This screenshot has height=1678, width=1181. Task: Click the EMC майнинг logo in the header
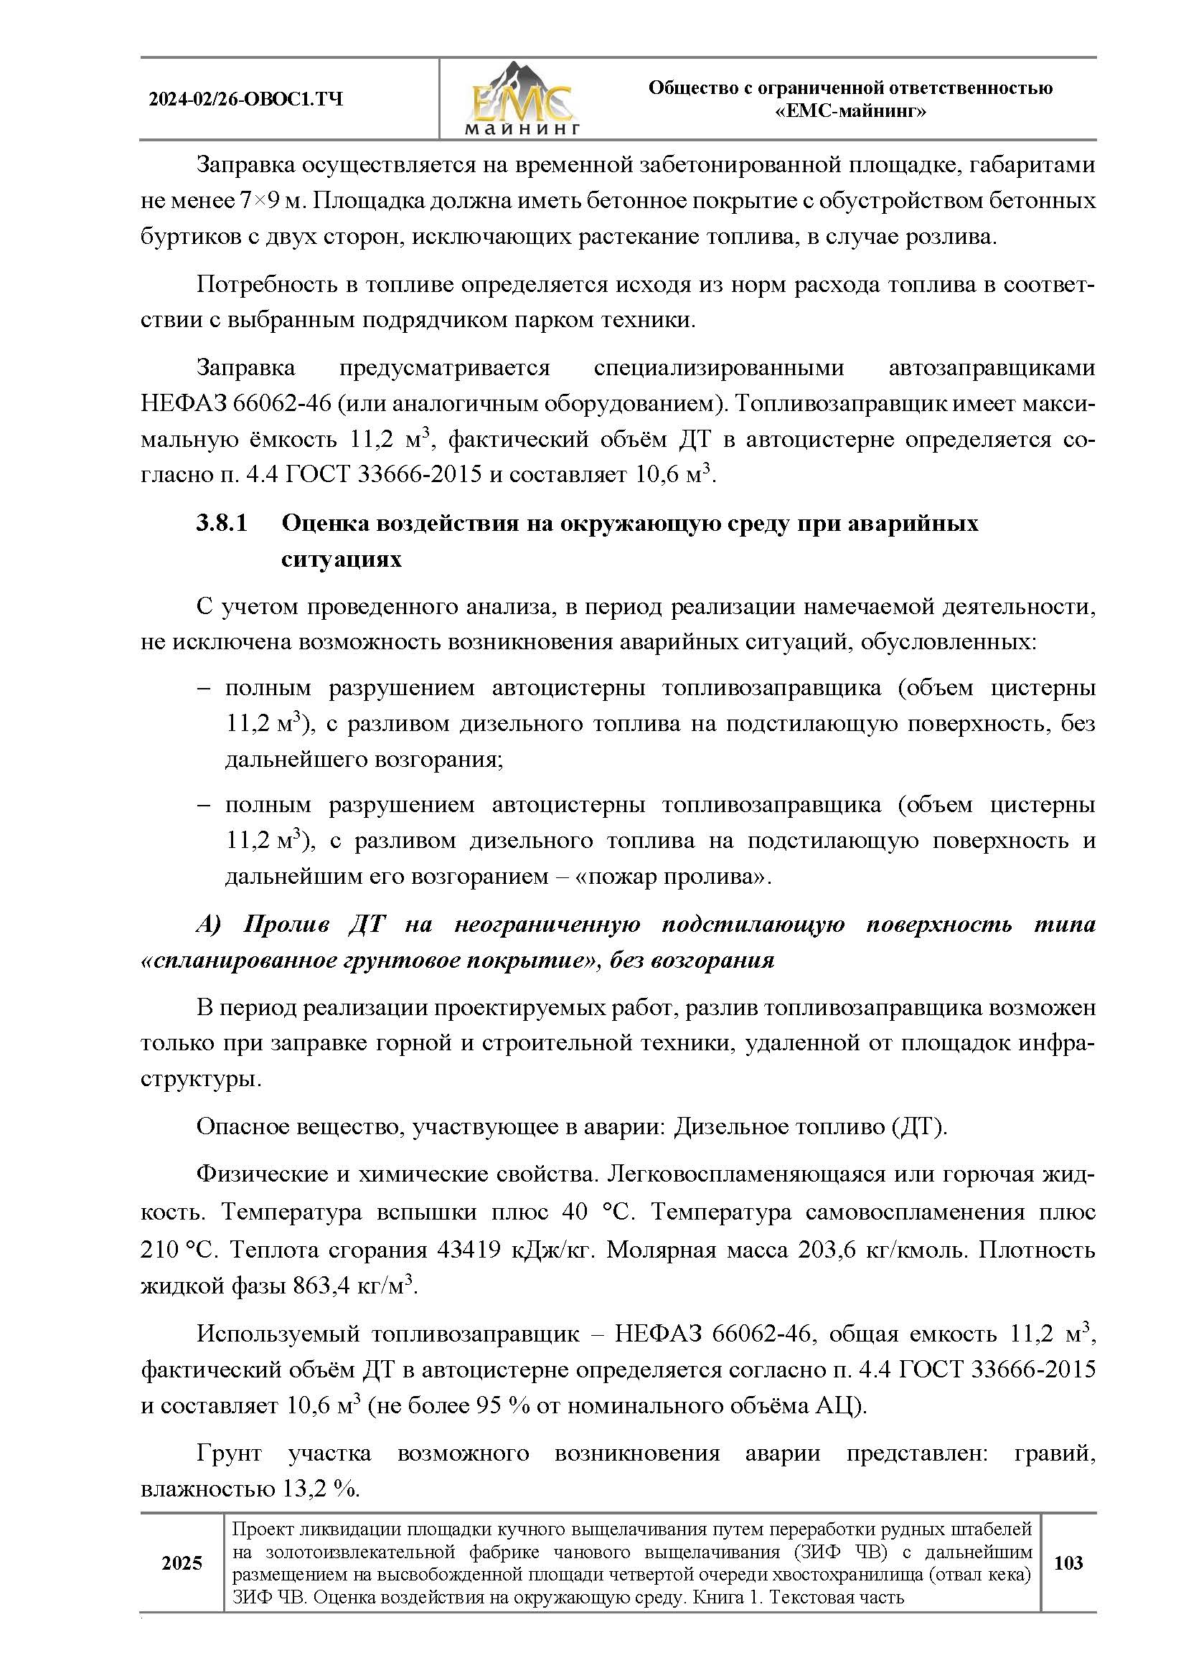point(521,100)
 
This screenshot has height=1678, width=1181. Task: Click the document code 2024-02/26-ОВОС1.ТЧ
point(245,100)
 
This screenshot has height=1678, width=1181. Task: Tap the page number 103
point(1068,1563)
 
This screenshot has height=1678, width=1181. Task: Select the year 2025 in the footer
point(182,1563)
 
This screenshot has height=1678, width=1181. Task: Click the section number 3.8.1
point(222,523)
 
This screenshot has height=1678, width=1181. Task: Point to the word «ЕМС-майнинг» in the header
point(850,112)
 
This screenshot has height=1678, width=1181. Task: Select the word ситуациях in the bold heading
point(342,560)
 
